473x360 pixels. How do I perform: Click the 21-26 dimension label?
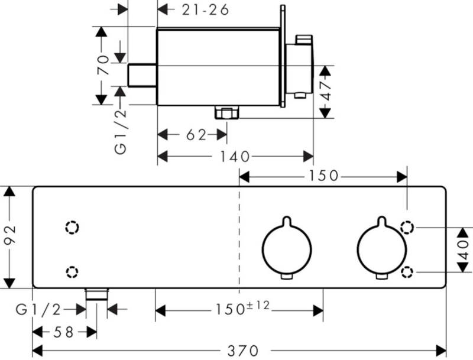coord(205,10)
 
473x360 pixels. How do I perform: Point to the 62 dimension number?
coord(196,135)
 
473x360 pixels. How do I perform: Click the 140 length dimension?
coord(234,157)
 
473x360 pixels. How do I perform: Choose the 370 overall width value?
coord(243,351)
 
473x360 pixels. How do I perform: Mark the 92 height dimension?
coord(10,236)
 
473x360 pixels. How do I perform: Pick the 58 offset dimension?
coord(64,332)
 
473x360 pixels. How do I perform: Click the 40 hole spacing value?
coord(465,250)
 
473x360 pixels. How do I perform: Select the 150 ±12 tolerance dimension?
coord(242,308)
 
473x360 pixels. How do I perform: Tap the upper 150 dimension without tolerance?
coord(323,176)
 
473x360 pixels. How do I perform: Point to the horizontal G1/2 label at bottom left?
coord(38,309)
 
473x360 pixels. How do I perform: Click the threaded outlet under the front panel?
coord(96,294)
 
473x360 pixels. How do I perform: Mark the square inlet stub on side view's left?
coord(142,75)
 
